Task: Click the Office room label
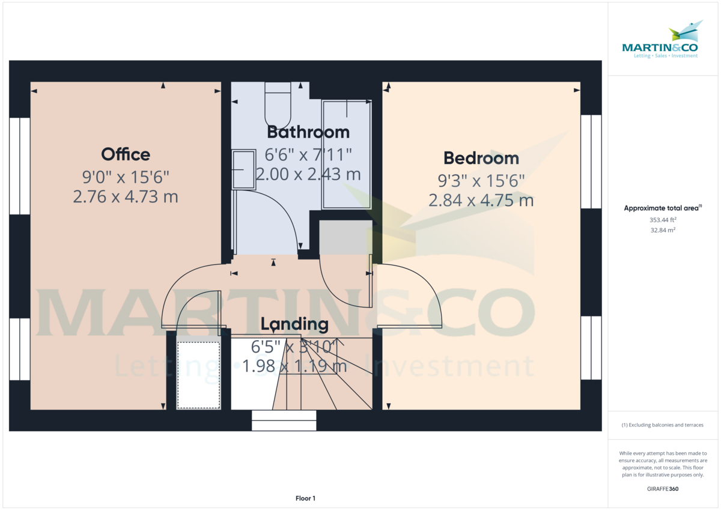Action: [126, 154]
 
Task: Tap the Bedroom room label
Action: [481, 158]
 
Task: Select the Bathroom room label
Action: [308, 132]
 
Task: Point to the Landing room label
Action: [294, 324]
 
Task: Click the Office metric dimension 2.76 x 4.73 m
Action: [126, 196]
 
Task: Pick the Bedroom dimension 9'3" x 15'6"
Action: [481, 180]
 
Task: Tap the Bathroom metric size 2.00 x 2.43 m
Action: [308, 174]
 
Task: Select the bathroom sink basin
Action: [243, 170]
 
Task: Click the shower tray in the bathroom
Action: [347, 154]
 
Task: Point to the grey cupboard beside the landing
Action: [345, 237]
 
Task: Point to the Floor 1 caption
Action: [305, 498]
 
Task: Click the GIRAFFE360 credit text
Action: [663, 489]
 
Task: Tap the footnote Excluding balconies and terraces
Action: [663, 425]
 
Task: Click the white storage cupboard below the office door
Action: [198, 375]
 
